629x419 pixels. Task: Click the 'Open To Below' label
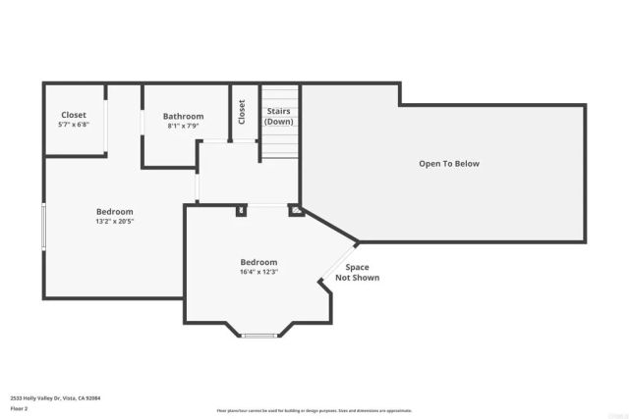448,164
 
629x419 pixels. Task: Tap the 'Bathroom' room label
183,116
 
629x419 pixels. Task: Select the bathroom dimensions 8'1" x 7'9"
183,126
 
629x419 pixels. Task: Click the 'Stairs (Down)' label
279,116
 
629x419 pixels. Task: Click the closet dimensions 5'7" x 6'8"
74,125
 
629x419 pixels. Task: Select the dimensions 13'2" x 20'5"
114,221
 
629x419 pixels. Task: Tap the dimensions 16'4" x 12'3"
258,272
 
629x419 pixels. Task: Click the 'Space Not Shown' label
357,272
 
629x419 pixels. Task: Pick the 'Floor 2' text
20,407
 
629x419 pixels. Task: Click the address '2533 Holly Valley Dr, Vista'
55,397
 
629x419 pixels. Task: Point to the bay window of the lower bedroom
258,336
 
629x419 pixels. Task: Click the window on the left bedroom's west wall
43,226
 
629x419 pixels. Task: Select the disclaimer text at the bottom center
314,410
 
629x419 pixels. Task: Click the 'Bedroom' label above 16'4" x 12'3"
258,262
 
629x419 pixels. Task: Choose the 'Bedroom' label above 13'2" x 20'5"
114,211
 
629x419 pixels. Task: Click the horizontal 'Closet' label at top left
74,115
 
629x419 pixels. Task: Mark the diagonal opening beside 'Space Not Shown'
338,262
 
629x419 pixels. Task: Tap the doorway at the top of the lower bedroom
266,205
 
